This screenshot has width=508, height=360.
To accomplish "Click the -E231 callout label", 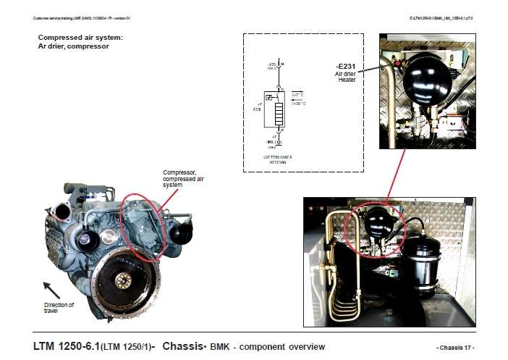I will tap(345, 67).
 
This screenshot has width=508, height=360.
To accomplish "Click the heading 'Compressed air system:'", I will tap(80, 36).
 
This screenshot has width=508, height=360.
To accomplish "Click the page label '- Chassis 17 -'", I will tap(455, 348).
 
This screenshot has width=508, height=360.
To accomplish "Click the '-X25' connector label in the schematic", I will tap(271, 65).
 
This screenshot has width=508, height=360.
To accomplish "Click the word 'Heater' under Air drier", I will tap(347, 80).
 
